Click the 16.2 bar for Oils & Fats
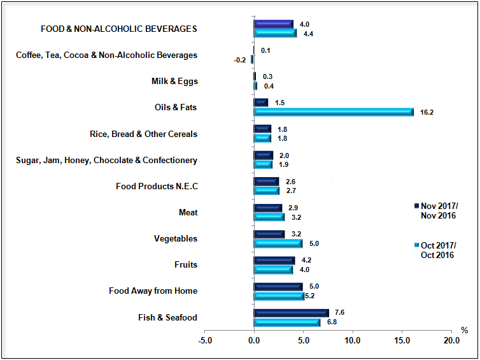tap(334, 112)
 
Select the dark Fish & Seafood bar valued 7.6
tap(291, 313)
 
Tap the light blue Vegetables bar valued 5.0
tap(278, 243)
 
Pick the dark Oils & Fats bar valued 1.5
tap(260, 103)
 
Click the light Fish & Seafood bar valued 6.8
tap(286, 322)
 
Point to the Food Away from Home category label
tap(153, 291)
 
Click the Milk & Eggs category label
tap(174, 82)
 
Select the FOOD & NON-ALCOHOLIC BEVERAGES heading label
tap(119, 29)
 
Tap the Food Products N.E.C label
tap(157, 187)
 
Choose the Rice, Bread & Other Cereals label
tap(144, 134)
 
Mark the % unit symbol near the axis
tap(464, 331)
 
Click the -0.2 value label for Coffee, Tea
tap(240, 60)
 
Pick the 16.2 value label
tap(427, 112)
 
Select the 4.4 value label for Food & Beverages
tap(308, 34)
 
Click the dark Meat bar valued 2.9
tap(267, 208)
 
